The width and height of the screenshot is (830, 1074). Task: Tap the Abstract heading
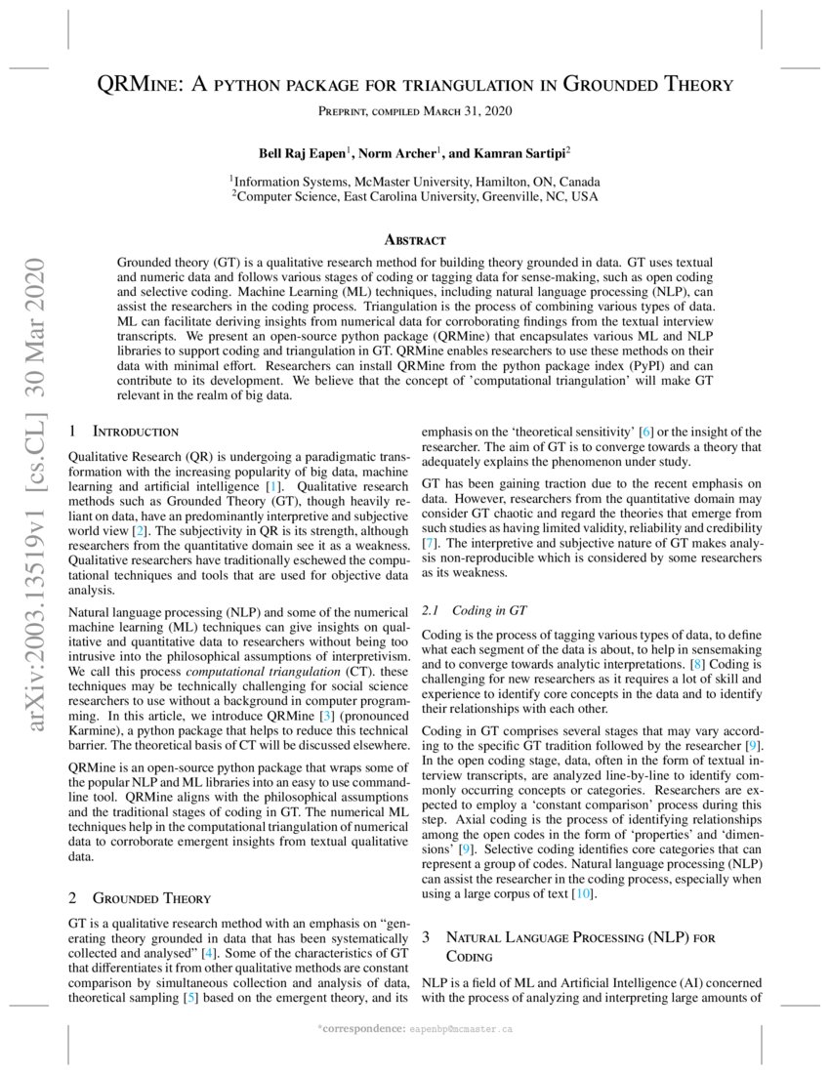pyautogui.click(x=415, y=239)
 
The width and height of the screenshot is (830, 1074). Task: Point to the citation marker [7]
pyautogui.click(x=429, y=542)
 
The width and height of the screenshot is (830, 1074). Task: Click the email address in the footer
pyautogui.click(x=462, y=1029)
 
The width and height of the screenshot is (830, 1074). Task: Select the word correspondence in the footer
pyautogui.click(x=362, y=1029)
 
